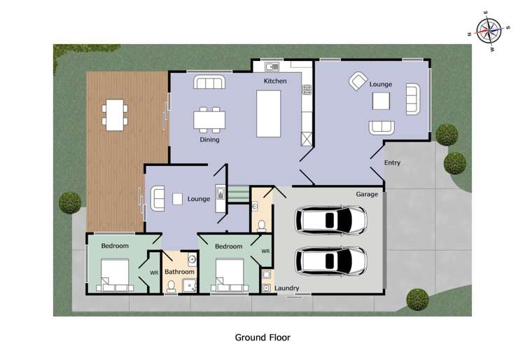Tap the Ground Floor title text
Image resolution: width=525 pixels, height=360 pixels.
tap(262, 337)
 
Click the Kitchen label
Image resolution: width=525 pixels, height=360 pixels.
tap(275, 81)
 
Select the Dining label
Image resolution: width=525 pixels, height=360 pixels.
tap(209, 139)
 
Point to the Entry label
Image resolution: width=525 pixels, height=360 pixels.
tap(392, 163)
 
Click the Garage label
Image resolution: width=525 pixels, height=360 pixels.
tap(367, 194)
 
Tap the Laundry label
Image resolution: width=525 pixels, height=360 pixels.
tap(287, 288)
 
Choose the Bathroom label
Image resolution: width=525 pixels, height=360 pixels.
tap(179, 271)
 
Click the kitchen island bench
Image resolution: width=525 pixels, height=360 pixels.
tap(269, 113)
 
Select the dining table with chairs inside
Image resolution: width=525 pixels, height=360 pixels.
tap(210, 119)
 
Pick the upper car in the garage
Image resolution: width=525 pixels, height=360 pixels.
tap(331, 220)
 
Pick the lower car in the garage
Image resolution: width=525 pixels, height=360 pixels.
tap(331, 261)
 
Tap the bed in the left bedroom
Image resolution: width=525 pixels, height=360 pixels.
tap(115, 275)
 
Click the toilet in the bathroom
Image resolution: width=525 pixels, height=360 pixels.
tap(171, 286)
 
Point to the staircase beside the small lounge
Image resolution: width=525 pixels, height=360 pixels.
tap(239, 194)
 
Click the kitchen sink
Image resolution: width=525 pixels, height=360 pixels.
tap(272, 67)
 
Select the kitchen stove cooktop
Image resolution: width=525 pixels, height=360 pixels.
tap(306, 90)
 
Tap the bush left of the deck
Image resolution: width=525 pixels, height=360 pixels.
tap(69, 202)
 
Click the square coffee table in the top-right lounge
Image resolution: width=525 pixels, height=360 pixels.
tap(381, 102)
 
